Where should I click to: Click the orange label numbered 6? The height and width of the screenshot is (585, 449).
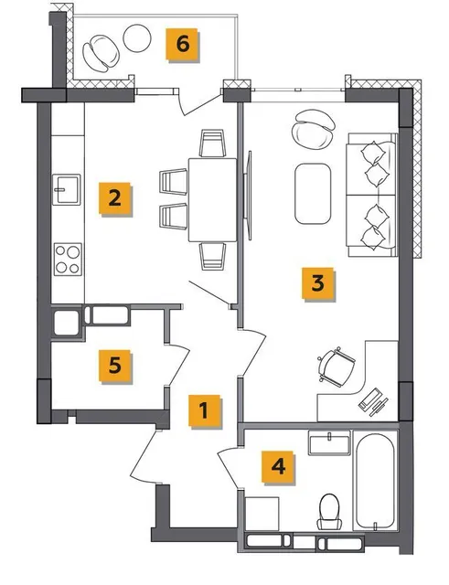click(x=182, y=45)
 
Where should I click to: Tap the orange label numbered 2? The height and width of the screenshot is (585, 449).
click(x=114, y=198)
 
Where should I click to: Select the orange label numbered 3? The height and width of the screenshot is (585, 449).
click(x=317, y=283)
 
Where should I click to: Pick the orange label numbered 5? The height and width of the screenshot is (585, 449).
click(x=114, y=366)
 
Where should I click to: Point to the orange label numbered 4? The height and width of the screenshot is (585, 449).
click(x=278, y=467)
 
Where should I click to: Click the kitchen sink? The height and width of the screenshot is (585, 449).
click(x=67, y=189)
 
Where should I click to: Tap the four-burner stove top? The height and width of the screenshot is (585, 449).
click(x=68, y=260)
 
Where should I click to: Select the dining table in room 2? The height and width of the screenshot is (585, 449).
click(x=212, y=200)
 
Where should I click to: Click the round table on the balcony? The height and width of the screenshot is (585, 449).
click(x=137, y=38)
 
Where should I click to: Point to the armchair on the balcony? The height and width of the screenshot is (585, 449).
click(x=102, y=53)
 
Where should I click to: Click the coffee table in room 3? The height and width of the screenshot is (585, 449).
click(x=313, y=193)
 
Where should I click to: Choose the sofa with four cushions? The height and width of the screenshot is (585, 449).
click(x=371, y=195)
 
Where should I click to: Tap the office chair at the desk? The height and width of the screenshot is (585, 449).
click(x=336, y=367)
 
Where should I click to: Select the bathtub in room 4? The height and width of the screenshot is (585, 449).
click(x=375, y=481)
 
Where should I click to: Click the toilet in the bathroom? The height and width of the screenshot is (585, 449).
click(x=329, y=512)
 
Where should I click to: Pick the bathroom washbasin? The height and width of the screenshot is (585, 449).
click(x=329, y=442)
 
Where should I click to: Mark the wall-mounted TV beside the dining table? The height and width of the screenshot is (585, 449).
click(x=247, y=196)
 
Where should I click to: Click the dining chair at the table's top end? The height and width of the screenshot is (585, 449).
click(x=213, y=144)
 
